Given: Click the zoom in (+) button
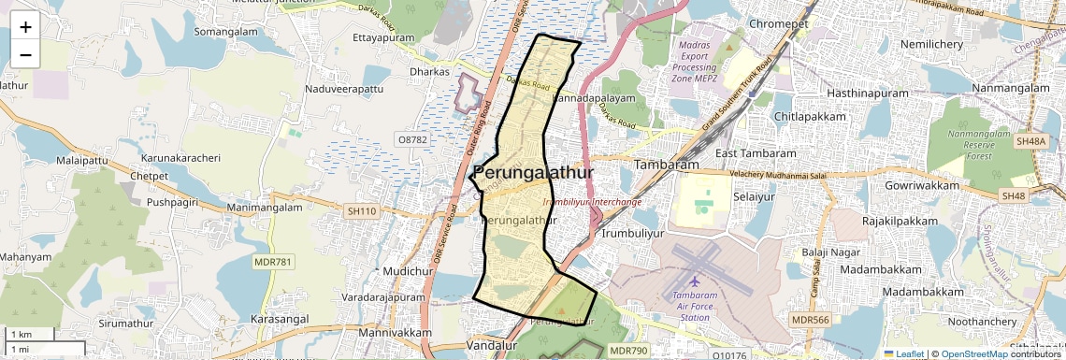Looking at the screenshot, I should point(25,28).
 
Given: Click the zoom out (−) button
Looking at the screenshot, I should point(25,55).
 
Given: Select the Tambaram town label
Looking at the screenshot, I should point(667,165).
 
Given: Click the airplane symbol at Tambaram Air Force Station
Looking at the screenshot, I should point(694,281).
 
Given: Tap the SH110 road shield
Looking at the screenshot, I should point(362,211).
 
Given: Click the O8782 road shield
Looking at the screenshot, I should point(411,138).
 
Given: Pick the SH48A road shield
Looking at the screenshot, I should point(1030,141).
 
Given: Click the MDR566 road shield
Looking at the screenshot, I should point(810,320).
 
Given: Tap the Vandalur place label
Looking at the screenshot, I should point(491,346).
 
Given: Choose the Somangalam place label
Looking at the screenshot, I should point(224,31).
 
